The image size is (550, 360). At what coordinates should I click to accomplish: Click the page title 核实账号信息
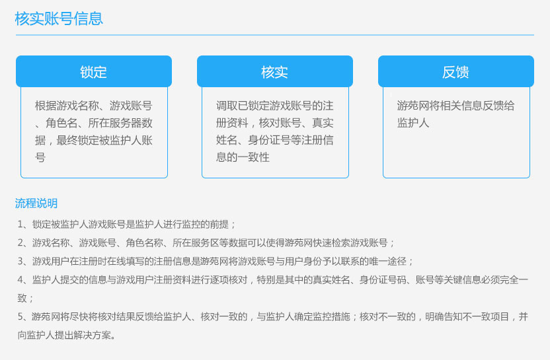click(59, 18)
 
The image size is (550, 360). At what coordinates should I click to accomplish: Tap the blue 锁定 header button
click(94, 71)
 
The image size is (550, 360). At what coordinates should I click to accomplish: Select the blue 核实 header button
click(274, 71)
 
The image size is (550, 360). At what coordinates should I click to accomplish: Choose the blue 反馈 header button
click(456, 71)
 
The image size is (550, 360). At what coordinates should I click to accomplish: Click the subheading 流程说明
click(36, 203)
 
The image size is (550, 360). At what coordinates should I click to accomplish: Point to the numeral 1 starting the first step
click(20, 225)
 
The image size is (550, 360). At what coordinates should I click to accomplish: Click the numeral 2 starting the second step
click(20, 243)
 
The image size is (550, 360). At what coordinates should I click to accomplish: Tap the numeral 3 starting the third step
click(20, 262)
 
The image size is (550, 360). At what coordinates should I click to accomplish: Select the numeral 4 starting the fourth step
click(20, 280)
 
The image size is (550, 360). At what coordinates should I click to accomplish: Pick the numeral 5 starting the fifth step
click(20, 317)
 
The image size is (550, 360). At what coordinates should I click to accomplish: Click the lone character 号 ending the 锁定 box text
click(40, 157)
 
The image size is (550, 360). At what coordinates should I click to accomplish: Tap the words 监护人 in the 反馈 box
click(413, 123)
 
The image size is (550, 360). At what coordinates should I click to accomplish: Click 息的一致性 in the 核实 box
click(243, 157)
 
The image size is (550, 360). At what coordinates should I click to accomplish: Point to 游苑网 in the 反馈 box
click(413, 106)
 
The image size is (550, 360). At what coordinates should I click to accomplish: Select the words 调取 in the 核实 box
click(227, 106)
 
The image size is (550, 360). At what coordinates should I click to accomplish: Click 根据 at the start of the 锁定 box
click(46, 106)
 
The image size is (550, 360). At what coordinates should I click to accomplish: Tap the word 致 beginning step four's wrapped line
click(22, 299)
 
